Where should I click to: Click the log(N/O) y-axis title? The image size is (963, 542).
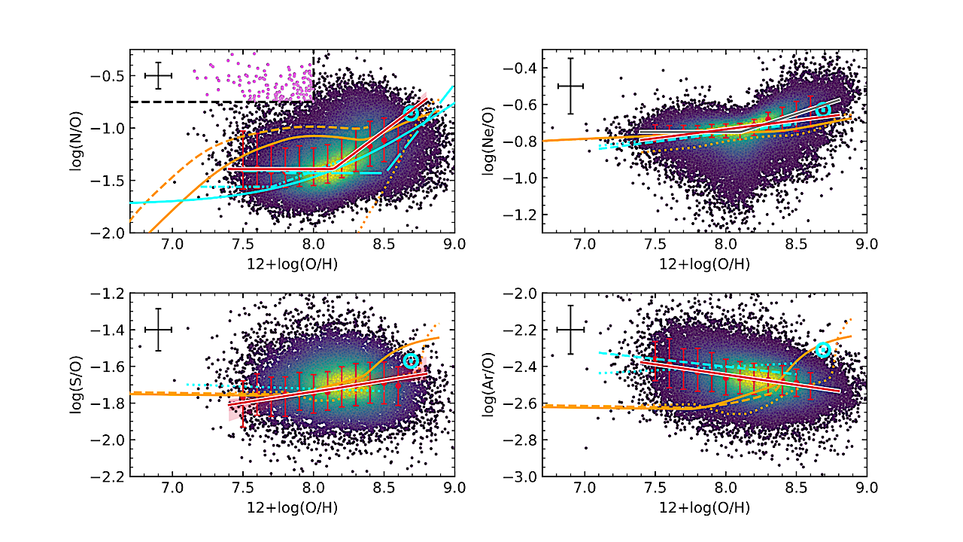[x=75, y=141]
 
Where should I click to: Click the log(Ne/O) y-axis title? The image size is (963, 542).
[x=487, y=141]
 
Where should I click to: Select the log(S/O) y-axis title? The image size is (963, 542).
[x=75, y=385]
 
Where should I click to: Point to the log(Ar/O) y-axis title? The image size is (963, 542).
[x=487, y=385]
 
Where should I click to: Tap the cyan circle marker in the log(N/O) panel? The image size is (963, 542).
[x=411, y=112]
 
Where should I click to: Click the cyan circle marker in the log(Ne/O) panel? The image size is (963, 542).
[x=823, y=110]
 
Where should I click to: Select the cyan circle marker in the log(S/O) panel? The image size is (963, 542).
[x=411, y=361]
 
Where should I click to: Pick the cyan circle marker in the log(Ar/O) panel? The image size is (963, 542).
[x=822, y=349]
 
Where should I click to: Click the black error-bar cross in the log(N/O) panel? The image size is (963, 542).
[x=159, y=75]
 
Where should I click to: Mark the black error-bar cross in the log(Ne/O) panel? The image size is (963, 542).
[x=570, y=86]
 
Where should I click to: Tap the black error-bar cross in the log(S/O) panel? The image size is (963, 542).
[x=159, y=330]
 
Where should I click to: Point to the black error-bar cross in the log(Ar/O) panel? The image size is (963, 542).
[x=570, y=330]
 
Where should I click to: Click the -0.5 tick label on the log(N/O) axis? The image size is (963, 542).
[x=109, y=76]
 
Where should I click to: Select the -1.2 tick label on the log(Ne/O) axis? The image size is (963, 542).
[x=520, y=215]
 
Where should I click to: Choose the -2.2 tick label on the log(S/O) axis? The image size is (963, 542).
[x=109, y=477]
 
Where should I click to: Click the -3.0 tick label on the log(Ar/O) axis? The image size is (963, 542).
[x=520, y=477]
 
